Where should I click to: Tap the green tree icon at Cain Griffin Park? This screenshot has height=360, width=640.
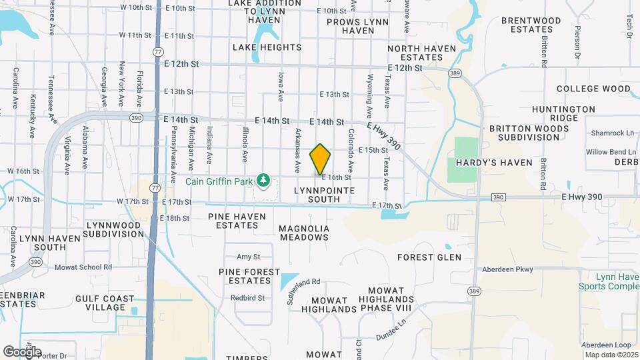tap(265, 179)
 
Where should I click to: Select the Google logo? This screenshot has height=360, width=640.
tap(21, 351)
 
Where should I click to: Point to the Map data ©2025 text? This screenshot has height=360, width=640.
tap(611, 354)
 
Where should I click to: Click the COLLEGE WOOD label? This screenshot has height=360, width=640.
tap(593, 89)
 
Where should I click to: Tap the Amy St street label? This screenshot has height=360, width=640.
tap(248, 257)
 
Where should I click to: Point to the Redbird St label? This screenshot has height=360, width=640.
tap(247, 298)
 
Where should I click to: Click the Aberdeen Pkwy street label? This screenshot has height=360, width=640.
tap(509, 269)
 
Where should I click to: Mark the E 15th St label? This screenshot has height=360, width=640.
tap(373, 151)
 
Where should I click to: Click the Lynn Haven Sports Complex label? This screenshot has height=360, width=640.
tap(614, 281)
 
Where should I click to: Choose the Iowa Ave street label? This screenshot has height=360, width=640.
tap(281, 83)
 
